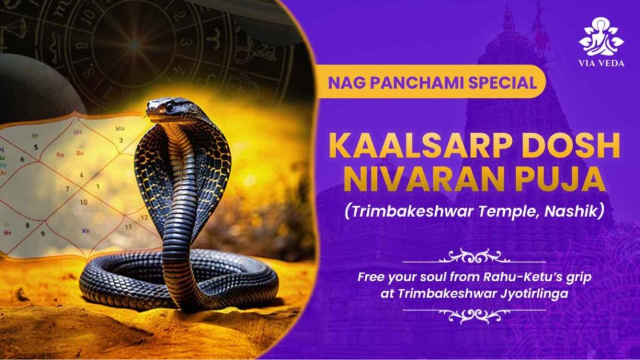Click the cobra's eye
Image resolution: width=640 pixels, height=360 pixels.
pos(169,107)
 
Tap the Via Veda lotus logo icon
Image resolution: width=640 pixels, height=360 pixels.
pos(601,37)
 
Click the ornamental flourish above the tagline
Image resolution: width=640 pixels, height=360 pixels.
pos(474,256)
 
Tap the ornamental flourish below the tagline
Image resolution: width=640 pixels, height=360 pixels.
pos(474,315)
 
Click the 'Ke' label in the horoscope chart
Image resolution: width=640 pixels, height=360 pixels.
pos(86,231)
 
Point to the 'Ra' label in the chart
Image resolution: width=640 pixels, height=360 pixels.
pos(60,155)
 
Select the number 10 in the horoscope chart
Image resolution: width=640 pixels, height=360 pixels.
pos(83,202)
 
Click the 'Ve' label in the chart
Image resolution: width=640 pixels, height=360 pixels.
pos(35,136)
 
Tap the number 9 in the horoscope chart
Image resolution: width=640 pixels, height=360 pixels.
pos(42,234)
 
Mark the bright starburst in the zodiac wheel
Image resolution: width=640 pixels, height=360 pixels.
pos(134,46)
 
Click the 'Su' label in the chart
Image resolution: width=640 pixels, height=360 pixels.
pos(79,154)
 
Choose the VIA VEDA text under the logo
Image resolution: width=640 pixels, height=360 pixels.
pos(601,63)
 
